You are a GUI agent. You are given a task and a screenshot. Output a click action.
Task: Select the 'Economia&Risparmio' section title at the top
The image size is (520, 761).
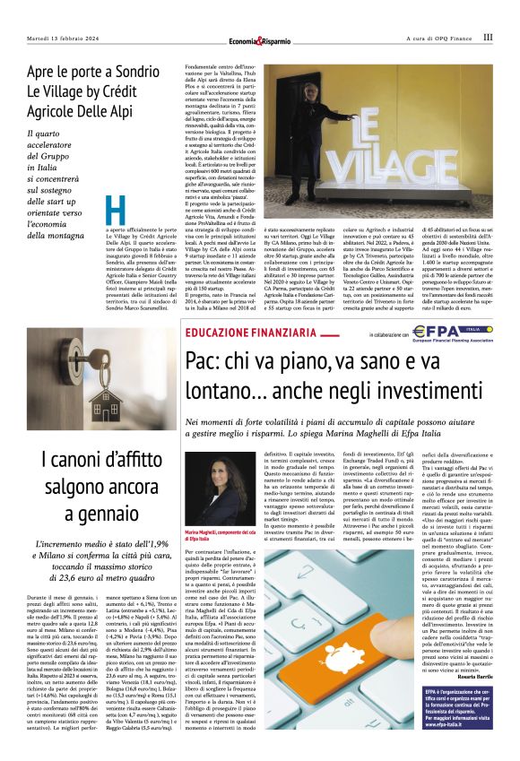(259, 39)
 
